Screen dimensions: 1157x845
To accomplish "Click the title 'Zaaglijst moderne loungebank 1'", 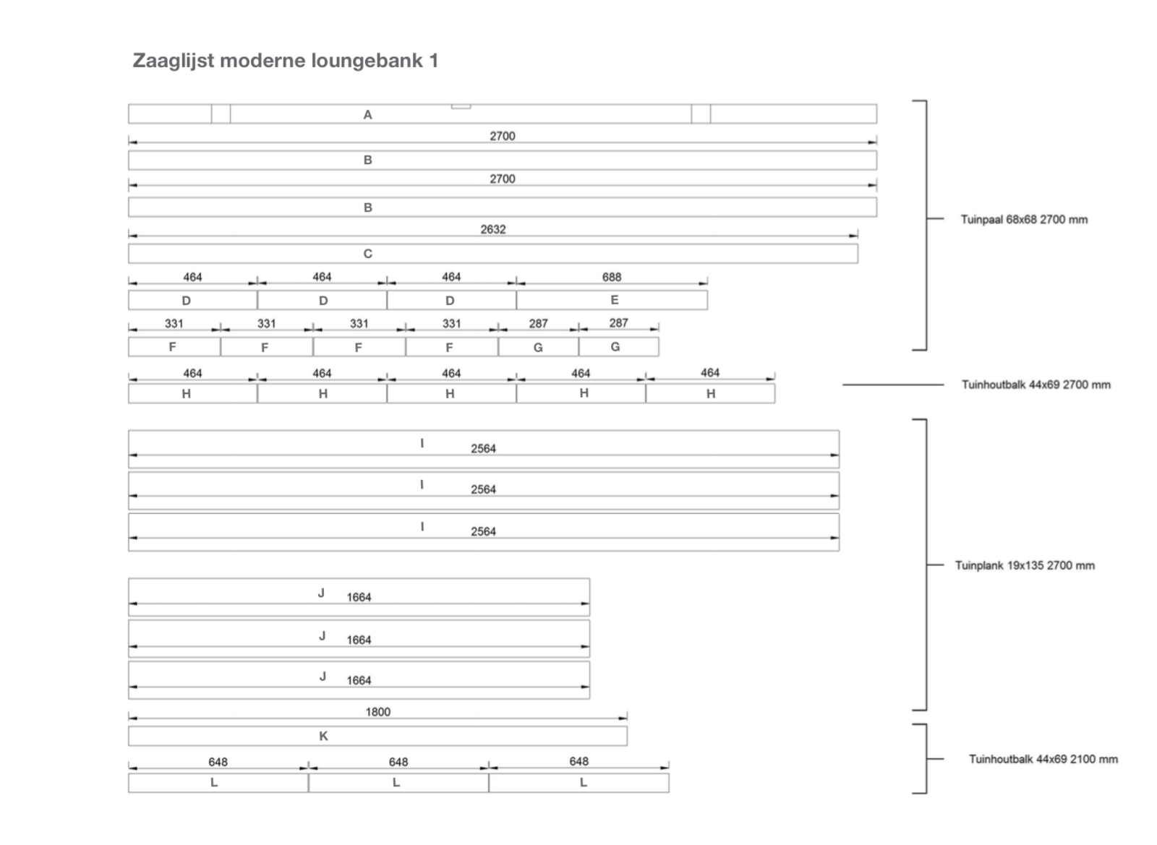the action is pos(286,61).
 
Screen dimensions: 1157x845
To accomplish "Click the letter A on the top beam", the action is pos(368,115).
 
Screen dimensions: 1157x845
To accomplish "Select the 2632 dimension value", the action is pos(493,229).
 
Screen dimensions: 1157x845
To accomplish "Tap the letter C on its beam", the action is pos(368,254).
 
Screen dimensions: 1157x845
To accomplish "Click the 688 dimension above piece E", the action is pos(612,277).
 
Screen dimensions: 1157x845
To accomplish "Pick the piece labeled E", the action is pos(612,300).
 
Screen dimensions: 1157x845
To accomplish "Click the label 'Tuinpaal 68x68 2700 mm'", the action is pos(1024,219).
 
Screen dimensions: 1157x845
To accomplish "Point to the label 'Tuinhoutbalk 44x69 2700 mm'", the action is pos(1036,385).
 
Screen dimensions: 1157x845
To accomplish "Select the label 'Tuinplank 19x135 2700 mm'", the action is pos(1025,565).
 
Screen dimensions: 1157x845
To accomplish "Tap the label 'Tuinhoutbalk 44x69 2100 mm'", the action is pos(1043,759).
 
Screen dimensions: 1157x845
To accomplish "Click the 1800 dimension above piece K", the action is pos(378,712).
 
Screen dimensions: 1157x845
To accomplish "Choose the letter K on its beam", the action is pos(323,736).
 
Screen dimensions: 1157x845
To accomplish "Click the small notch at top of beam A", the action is pos(461,107).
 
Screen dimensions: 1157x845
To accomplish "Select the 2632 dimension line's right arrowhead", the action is pos(854,236).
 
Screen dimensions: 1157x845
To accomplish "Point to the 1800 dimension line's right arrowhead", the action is pos(623,718).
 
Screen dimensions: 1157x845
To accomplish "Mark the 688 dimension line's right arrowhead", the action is pos(703,283).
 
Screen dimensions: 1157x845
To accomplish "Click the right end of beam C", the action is pos(858,254).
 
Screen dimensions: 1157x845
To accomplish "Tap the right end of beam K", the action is pos(628,736).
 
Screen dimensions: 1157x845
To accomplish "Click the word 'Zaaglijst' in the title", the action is pos(174,61).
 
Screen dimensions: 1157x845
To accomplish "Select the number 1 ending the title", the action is pos(434,61).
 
